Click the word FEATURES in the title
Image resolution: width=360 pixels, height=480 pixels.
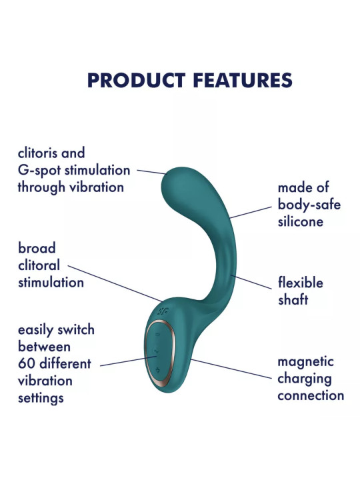241,81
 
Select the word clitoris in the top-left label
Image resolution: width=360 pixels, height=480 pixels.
40,153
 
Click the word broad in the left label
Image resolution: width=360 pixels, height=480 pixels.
37,249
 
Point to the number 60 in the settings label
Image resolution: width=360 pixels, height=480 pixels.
27,364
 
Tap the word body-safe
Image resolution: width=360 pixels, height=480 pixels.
309,205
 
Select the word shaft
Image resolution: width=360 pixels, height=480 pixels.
293,299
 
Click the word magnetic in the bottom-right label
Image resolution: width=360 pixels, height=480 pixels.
305,362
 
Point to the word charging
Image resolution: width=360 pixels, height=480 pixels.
305,379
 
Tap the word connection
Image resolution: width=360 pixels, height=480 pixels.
311,395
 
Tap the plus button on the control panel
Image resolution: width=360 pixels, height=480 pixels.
157,370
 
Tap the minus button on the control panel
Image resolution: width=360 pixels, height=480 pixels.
158,333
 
